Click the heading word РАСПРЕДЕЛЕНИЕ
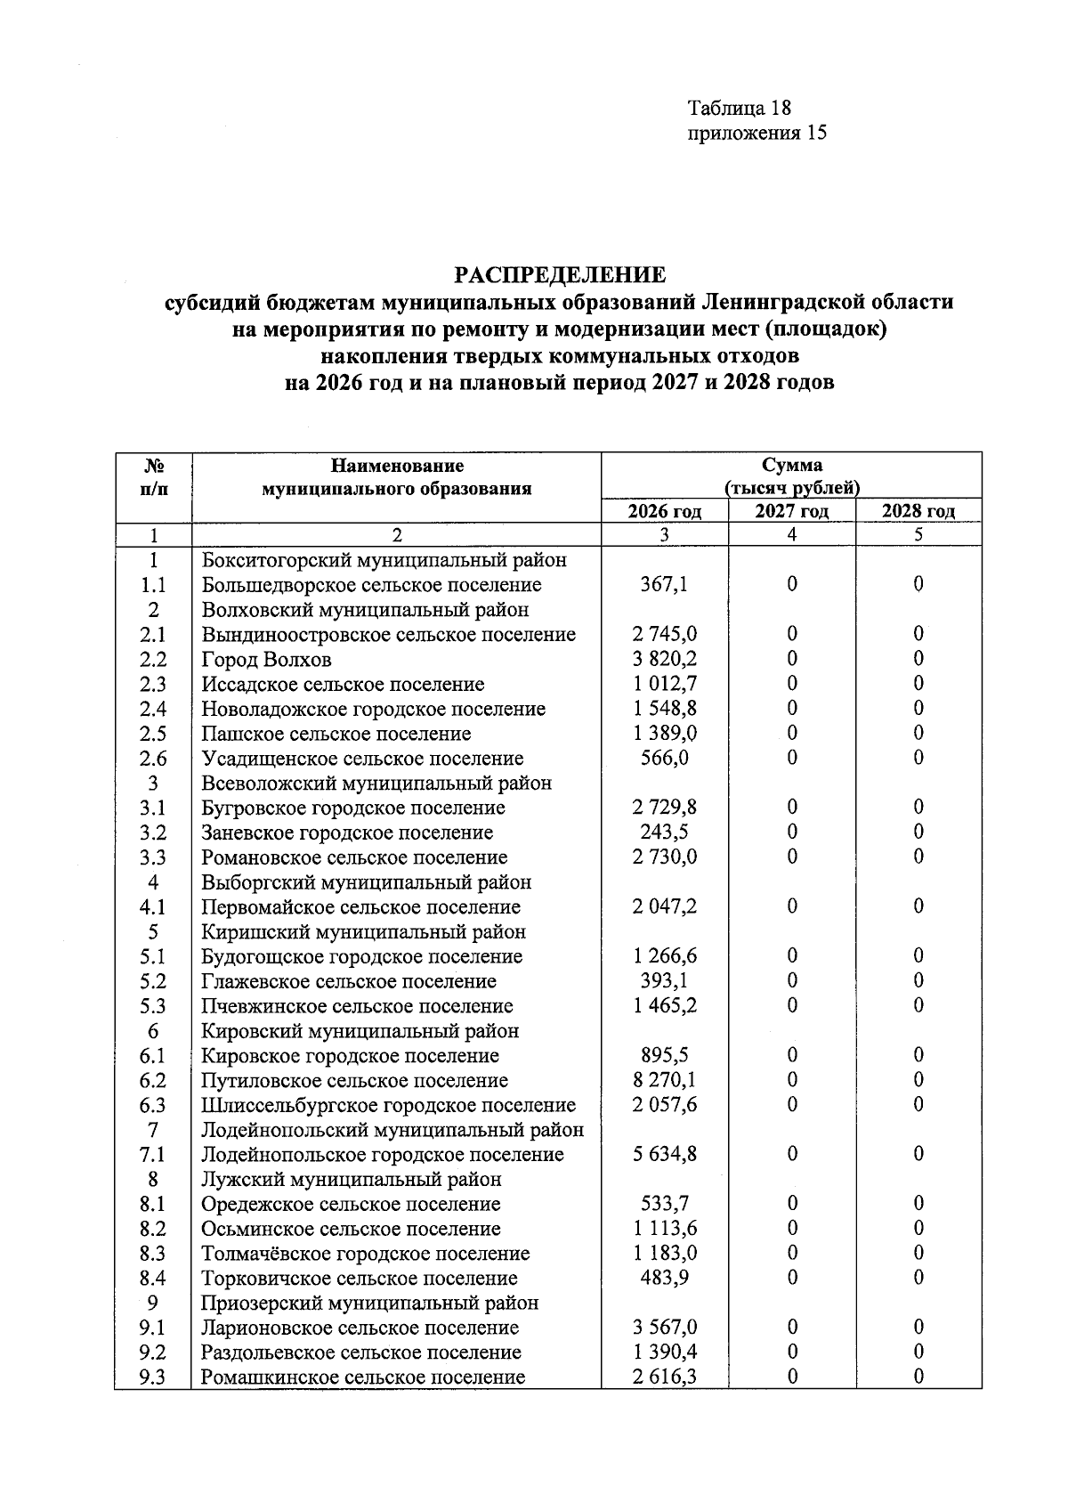pos(561,273)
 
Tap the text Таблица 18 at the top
pos(739,108)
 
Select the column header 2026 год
pos(664,511)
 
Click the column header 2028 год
pos(918,511)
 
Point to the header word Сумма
pos(792,465)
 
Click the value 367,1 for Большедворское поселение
pos(664,585)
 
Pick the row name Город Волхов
pos(267,660)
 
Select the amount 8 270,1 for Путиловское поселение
pos(664,1080)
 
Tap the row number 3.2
pos(153,833)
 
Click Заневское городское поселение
pos(347,833)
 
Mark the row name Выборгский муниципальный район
pos(367,882)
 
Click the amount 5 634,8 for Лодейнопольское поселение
pos(664,1154)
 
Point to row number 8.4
pos(153,1278)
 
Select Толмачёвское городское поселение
pos(366,1254)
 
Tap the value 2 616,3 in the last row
pos(664,1377)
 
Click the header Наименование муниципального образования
pos(396,476)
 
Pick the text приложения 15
pos(757,134)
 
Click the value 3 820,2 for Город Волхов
pos(664,659)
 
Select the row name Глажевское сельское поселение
pos(349,981)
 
